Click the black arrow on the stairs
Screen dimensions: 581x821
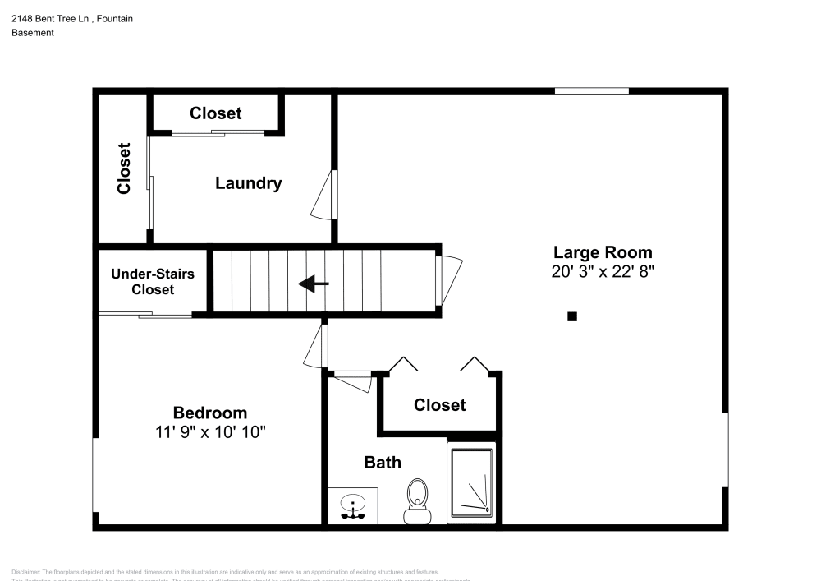pos(313,284)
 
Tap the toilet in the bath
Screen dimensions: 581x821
pos(418,502)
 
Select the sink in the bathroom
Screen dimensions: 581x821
pos(353,505)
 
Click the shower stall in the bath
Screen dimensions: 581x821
pos(471,484)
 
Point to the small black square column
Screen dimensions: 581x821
pos(572,316)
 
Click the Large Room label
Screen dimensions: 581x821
pos(603,252)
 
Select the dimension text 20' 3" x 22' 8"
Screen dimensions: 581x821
pos(603,272)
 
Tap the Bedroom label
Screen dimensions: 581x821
pos(209,413)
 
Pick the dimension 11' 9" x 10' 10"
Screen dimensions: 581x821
pos(209,432)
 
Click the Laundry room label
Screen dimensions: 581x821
pos(248,183)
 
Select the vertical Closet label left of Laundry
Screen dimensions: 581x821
pos(124,168)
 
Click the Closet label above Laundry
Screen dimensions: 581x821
pos(216,113)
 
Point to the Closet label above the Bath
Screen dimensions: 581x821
pos(439,404)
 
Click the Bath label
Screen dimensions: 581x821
pos(383,463)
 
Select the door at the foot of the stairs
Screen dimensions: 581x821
pos(448,279)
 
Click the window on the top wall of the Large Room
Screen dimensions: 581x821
pos(591,90)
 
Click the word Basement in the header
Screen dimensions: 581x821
pos(33,33)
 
